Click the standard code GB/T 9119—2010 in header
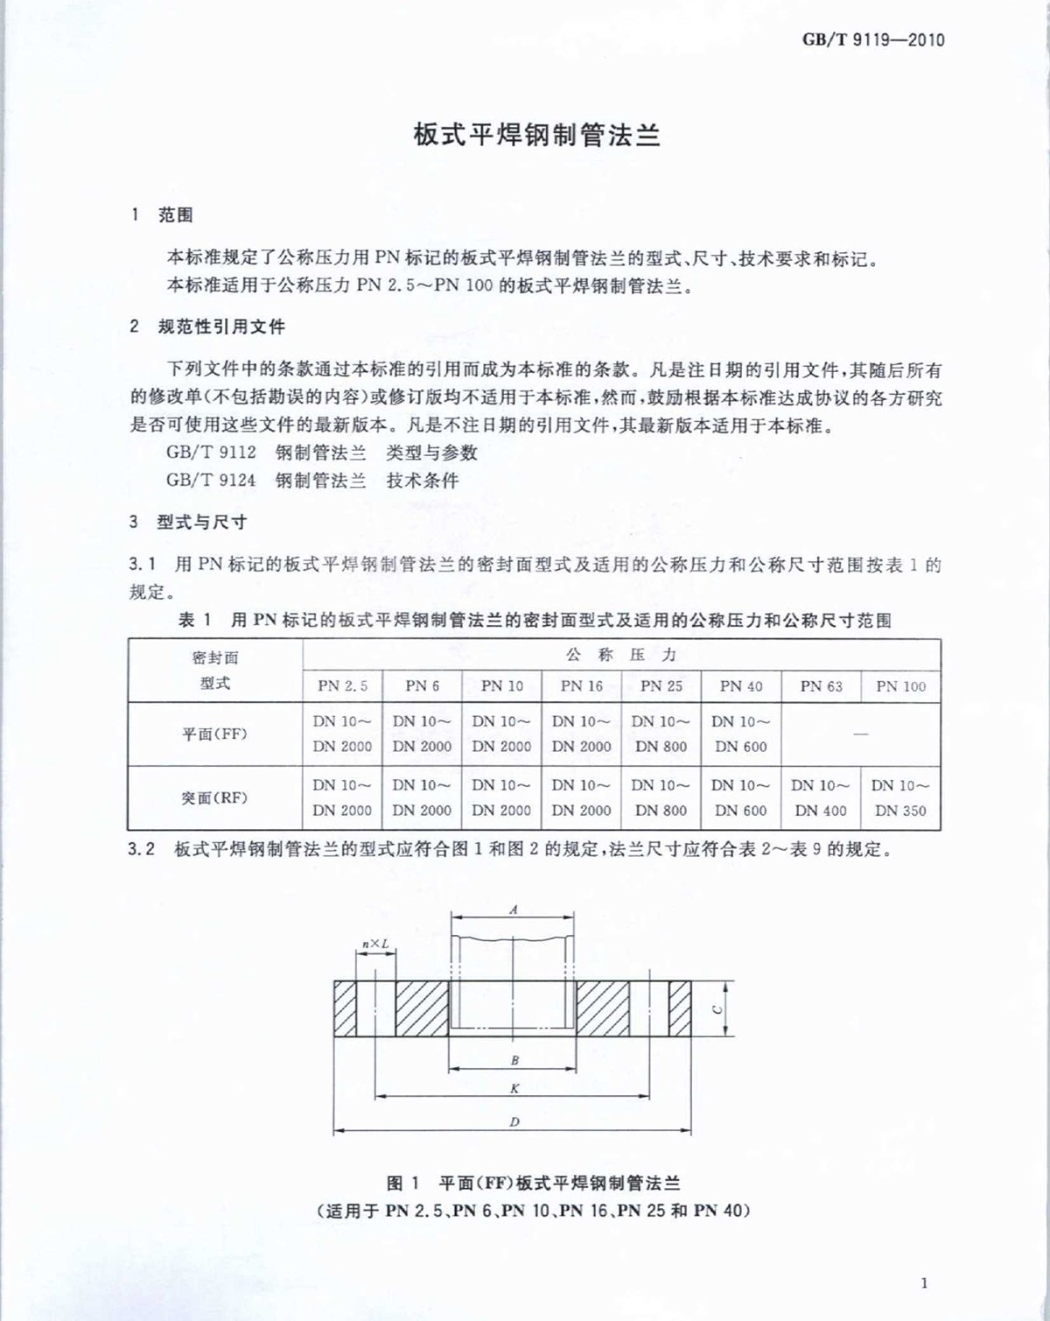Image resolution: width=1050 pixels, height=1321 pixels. (x=873, y=39)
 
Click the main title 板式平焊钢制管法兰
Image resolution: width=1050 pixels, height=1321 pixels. (x=537, y=137)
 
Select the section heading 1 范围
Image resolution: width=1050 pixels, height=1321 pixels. (x=163, y=215)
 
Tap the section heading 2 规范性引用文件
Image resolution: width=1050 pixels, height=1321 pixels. (x=207, y=327)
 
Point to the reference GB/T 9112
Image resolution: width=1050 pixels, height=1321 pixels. (x=211, y=453)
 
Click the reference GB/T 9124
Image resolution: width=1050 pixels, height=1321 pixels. (x=211, y=480)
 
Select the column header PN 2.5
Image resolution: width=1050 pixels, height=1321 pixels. (x=342, y=686)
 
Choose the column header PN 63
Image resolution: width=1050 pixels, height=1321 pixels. (x=821, y=686)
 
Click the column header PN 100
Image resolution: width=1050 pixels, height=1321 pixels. (x=900, y=686)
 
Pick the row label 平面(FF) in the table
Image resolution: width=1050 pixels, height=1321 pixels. (x=214, y=734)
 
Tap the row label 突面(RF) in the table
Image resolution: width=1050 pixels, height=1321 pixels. (x=214, y=798)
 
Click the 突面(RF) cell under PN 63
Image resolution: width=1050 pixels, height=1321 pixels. (x=821, y=798)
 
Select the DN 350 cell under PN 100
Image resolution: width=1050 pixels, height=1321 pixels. (x=900, y=811)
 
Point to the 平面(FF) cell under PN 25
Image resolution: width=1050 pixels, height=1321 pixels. (x=661, y=734)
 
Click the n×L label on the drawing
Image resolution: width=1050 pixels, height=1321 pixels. (x=375, y=944)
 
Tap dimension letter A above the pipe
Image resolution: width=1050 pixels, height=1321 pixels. (x=514, y=910)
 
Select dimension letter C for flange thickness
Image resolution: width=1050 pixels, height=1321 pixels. (x=717, y=1009)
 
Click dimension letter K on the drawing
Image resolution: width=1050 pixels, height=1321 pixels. (x=514, y=1088)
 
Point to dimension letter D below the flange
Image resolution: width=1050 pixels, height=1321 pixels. (x=514, y=1122)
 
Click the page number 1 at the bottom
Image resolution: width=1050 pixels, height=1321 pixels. (x=924, y=1283)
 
